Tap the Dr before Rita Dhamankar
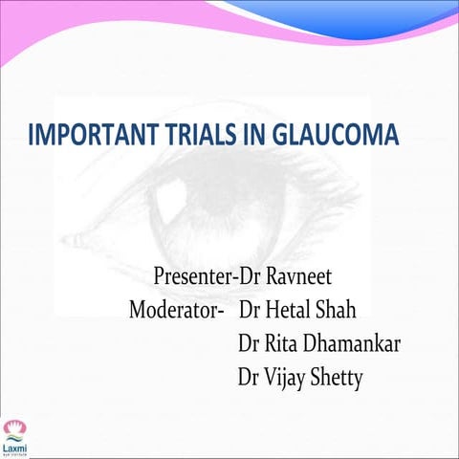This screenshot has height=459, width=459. coord(251,344)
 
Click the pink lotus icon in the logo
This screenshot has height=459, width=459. coord(13,426)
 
